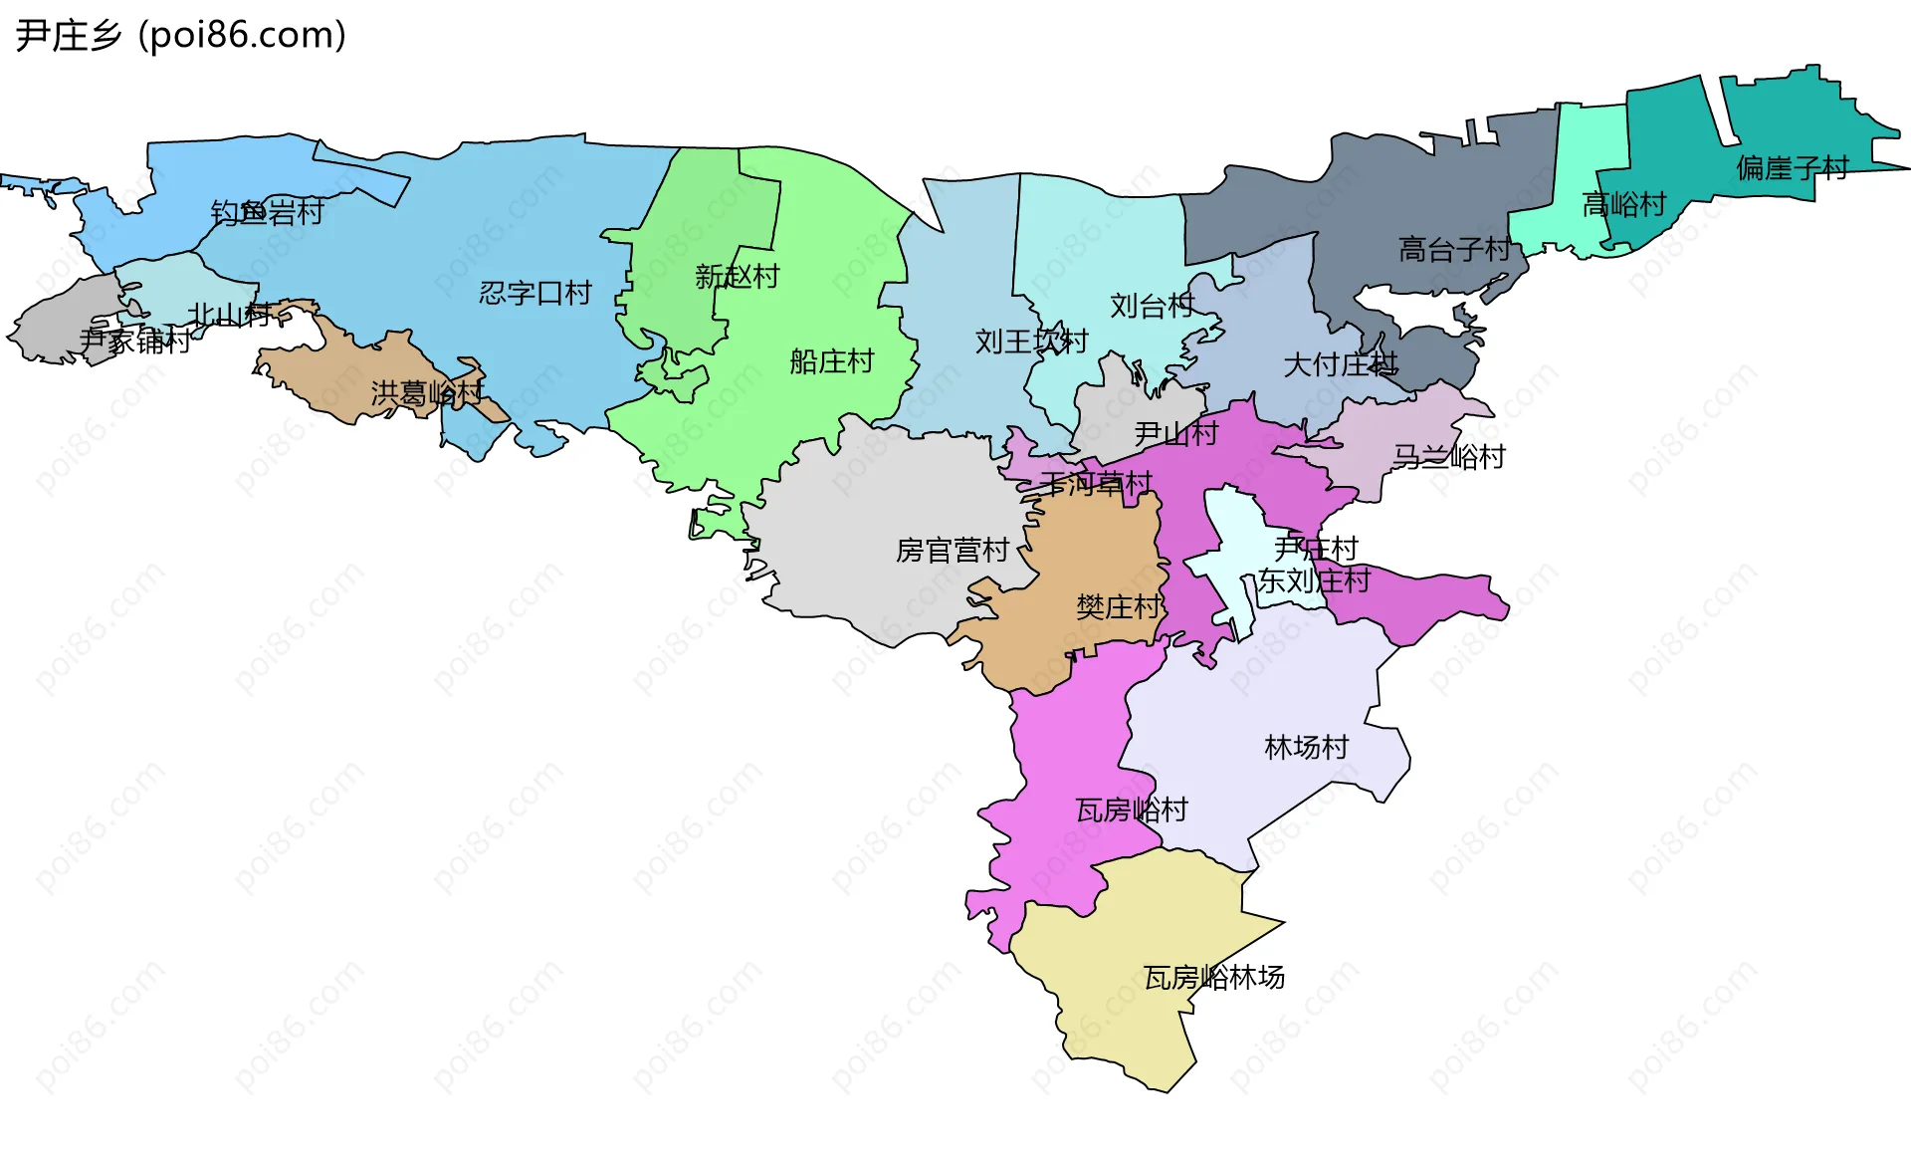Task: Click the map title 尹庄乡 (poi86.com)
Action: (x=181, y=35)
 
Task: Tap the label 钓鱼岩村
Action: (x=267, y=212)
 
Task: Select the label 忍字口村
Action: (x=535, y=293)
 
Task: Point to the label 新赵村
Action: (x=737, y=277)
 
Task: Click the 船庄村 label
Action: (x=831, y=361)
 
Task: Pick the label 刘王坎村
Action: (x=1031, y=342)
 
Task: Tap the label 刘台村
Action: (x=1152, y=306)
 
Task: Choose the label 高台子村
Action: (x=1454, y=249)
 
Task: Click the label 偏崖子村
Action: (x=1792, y=168)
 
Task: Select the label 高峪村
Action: (x=1623, y=205)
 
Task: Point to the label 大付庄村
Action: (x=1340, y=365)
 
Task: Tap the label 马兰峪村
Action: (x=1448, y=457)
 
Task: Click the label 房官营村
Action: (x=953, y=551)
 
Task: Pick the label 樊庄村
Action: (x=1118, y=607)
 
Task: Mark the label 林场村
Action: (x=1306, y=747)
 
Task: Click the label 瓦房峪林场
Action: (x=1213, y=978)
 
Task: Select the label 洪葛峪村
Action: (x=427, y=393)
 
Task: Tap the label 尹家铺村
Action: (x=134, y=342)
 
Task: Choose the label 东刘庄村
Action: (x=1314, y=580)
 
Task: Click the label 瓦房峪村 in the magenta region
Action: (x=1132, y=810)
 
